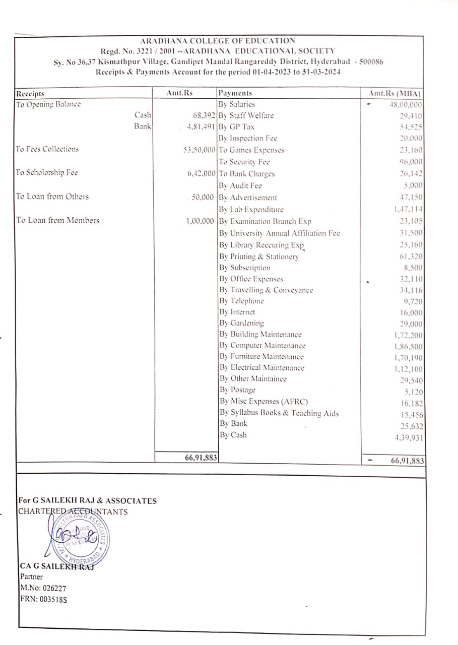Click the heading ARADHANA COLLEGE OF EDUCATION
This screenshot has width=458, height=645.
click(218, 41)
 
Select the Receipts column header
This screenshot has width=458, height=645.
click(30, 94)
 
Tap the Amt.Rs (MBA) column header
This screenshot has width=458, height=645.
click(395, 94)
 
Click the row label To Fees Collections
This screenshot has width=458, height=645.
click(47, 149)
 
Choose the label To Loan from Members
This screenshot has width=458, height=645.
click(57, 220)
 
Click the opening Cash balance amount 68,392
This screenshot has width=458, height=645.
click(204, 115)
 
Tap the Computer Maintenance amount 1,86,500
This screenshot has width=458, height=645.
click(409, 347)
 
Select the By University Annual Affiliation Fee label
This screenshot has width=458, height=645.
click(279, 233)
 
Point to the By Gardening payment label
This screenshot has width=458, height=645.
click(241, 324)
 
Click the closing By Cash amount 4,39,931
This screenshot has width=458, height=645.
click(409, 437)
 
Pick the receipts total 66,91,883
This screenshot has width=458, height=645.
click(201, 458)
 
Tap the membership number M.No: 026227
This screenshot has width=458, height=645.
click(43, 588)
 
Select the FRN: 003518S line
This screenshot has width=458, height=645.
click(43, 599)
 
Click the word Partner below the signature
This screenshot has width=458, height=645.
click(31, 577)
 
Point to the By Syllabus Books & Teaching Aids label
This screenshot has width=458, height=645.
click(279, 413)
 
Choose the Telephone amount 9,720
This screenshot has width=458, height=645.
click(413, 302)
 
